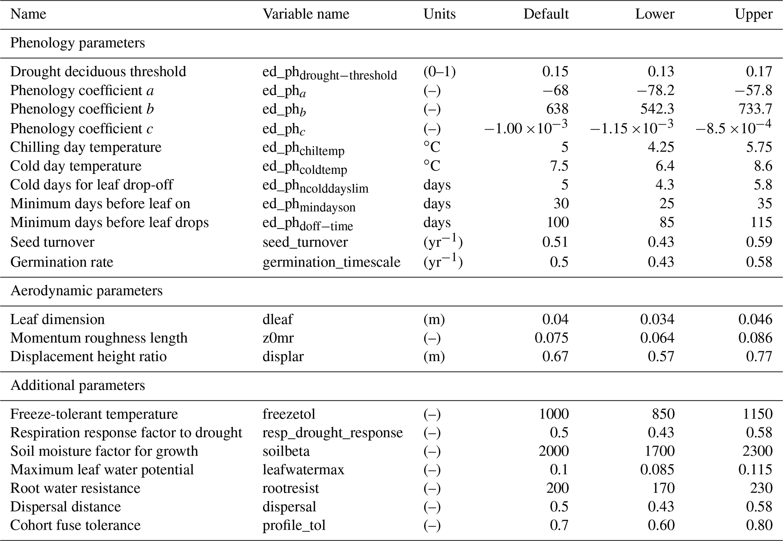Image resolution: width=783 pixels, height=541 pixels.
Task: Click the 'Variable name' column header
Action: pyautogui.click(x=306, y=14)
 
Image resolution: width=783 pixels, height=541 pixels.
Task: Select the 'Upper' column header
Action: pyautogui.click(x=753, y=14)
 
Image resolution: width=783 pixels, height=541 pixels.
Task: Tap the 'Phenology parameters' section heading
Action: pyautogui.click(x=78, y=43)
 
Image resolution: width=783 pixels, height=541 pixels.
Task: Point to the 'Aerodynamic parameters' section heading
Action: pyautogui.click(x=86, y=291)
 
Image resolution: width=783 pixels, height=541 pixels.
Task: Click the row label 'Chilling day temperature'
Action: pyautogui.click(x=86, y=147)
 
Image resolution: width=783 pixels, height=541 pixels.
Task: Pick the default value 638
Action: pyautogui.click(x=557, y=109)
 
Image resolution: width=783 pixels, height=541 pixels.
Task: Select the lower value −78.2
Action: pyautogui.click(x=655, y=91)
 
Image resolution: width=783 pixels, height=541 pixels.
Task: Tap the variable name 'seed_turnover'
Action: pyautogui.click(x=305, y=242)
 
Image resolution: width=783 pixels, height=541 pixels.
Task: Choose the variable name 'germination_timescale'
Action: pyautogui.click(x=331, y=262)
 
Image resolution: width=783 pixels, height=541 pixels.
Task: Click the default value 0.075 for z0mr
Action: pyautogui.click(x=552, y=338)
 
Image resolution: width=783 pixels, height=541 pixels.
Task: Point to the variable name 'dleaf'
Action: pyautogui.click(x=278, y=320)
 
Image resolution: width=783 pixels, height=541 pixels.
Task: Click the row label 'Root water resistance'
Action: pyautogui.click(x=75, y=488)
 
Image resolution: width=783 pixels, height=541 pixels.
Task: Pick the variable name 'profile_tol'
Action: pyautogui.click(x=294, y=525)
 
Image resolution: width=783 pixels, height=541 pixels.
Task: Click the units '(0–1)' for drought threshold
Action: pyautogui.click(x=439, y=72)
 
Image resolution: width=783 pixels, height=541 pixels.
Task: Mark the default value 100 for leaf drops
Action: pyautogui.click(x=557, y=222)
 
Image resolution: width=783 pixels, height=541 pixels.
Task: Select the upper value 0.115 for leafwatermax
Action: pyautogui.click(x=755, y=470)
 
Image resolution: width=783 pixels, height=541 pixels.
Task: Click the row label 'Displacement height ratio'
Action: pyautogui.click(x=89, y=357)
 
